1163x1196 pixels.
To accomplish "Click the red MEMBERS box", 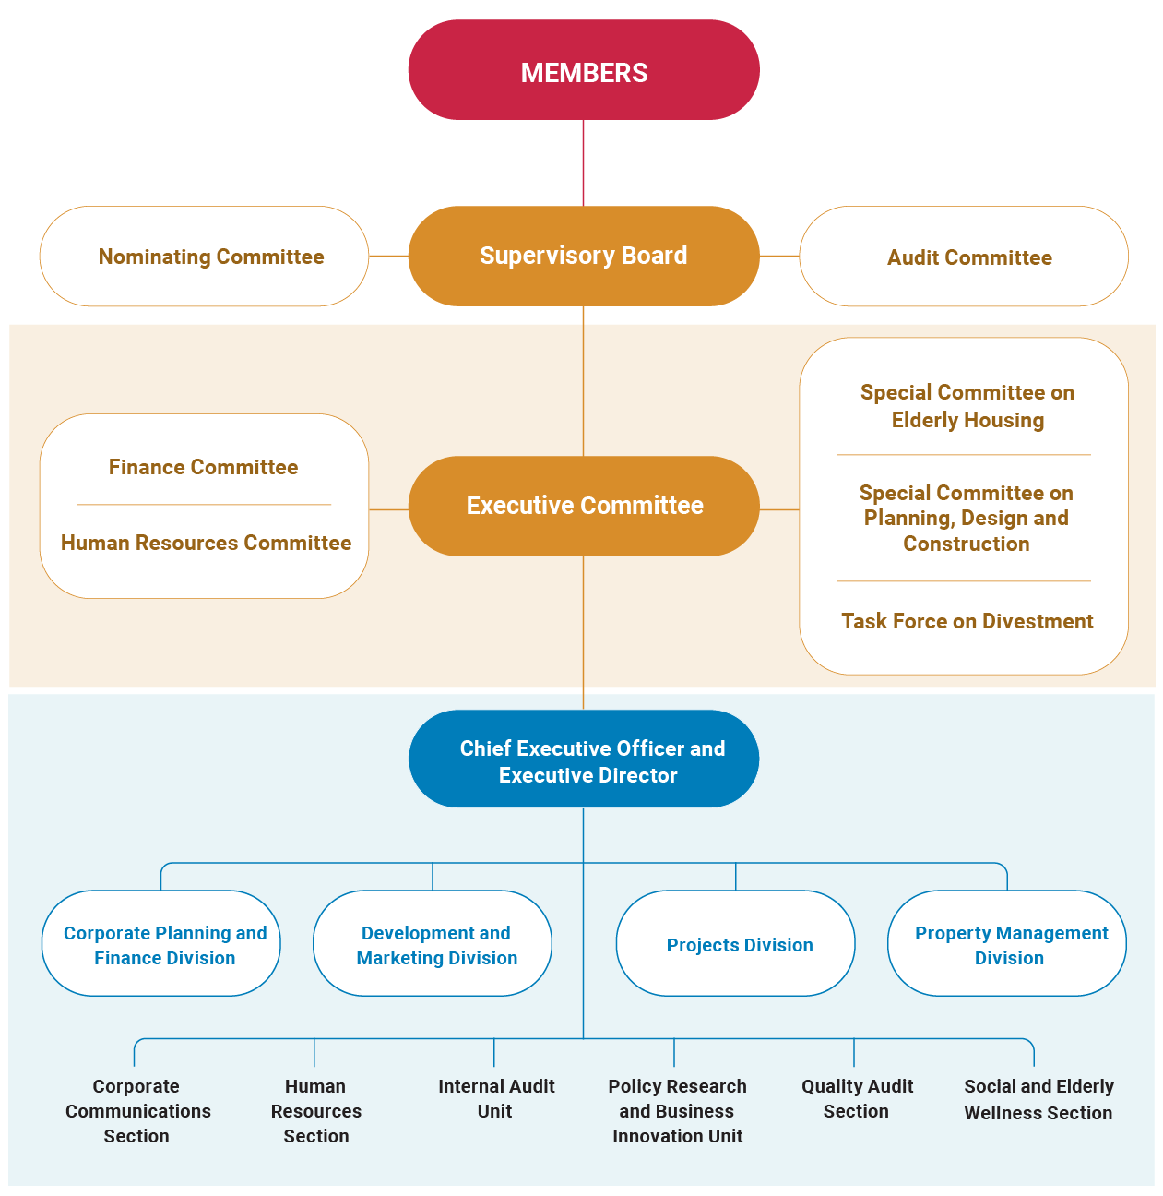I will [x=584, y=70].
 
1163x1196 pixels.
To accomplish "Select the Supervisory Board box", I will [x=584, y=256].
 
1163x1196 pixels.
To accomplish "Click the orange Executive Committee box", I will [x=584, y=506].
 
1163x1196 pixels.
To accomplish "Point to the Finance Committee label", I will [x=204, y=467].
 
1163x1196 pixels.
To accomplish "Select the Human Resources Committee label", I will [x=206, y=543].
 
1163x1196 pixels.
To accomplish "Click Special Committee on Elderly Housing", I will [x=967, y=406].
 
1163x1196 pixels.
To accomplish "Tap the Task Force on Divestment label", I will [x=967, y=621].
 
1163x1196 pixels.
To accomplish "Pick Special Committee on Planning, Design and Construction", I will [x=966, y=518].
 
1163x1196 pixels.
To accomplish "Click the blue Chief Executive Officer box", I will [x=584, y=760].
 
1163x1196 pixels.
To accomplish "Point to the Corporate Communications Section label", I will [x=137, y=1111].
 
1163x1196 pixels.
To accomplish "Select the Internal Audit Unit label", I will [x=496, y=1098].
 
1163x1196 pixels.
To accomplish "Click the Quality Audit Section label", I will [x=857, y=1098].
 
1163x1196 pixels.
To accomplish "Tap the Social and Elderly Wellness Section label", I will [x=1038, y=1099].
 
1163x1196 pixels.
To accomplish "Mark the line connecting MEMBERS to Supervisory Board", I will [x=583, y=162].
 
